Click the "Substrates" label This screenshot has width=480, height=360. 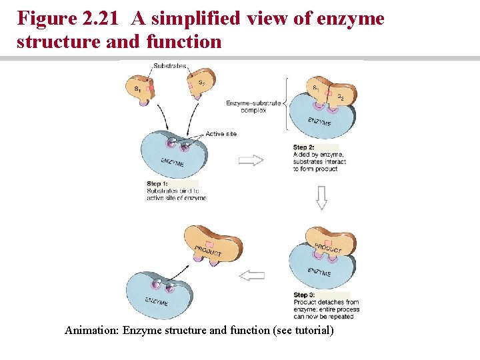(x=169, y=66)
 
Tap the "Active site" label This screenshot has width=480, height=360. (x=221, y=134)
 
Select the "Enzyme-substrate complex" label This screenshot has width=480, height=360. (x=253, y=107)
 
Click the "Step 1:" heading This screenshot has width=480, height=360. (x=157, y=183)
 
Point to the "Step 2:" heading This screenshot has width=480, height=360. (x=303, y=147)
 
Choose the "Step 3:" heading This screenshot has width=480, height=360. (x=304, y=295)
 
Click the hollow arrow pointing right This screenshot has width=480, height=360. (x=251, y=160)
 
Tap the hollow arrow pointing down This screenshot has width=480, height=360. (x=321, y=198)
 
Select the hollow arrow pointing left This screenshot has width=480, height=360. (x=251, y=275)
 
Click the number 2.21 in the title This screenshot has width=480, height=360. (x=107, y=19)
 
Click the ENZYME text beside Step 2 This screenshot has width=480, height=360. (x=319, y=122)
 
